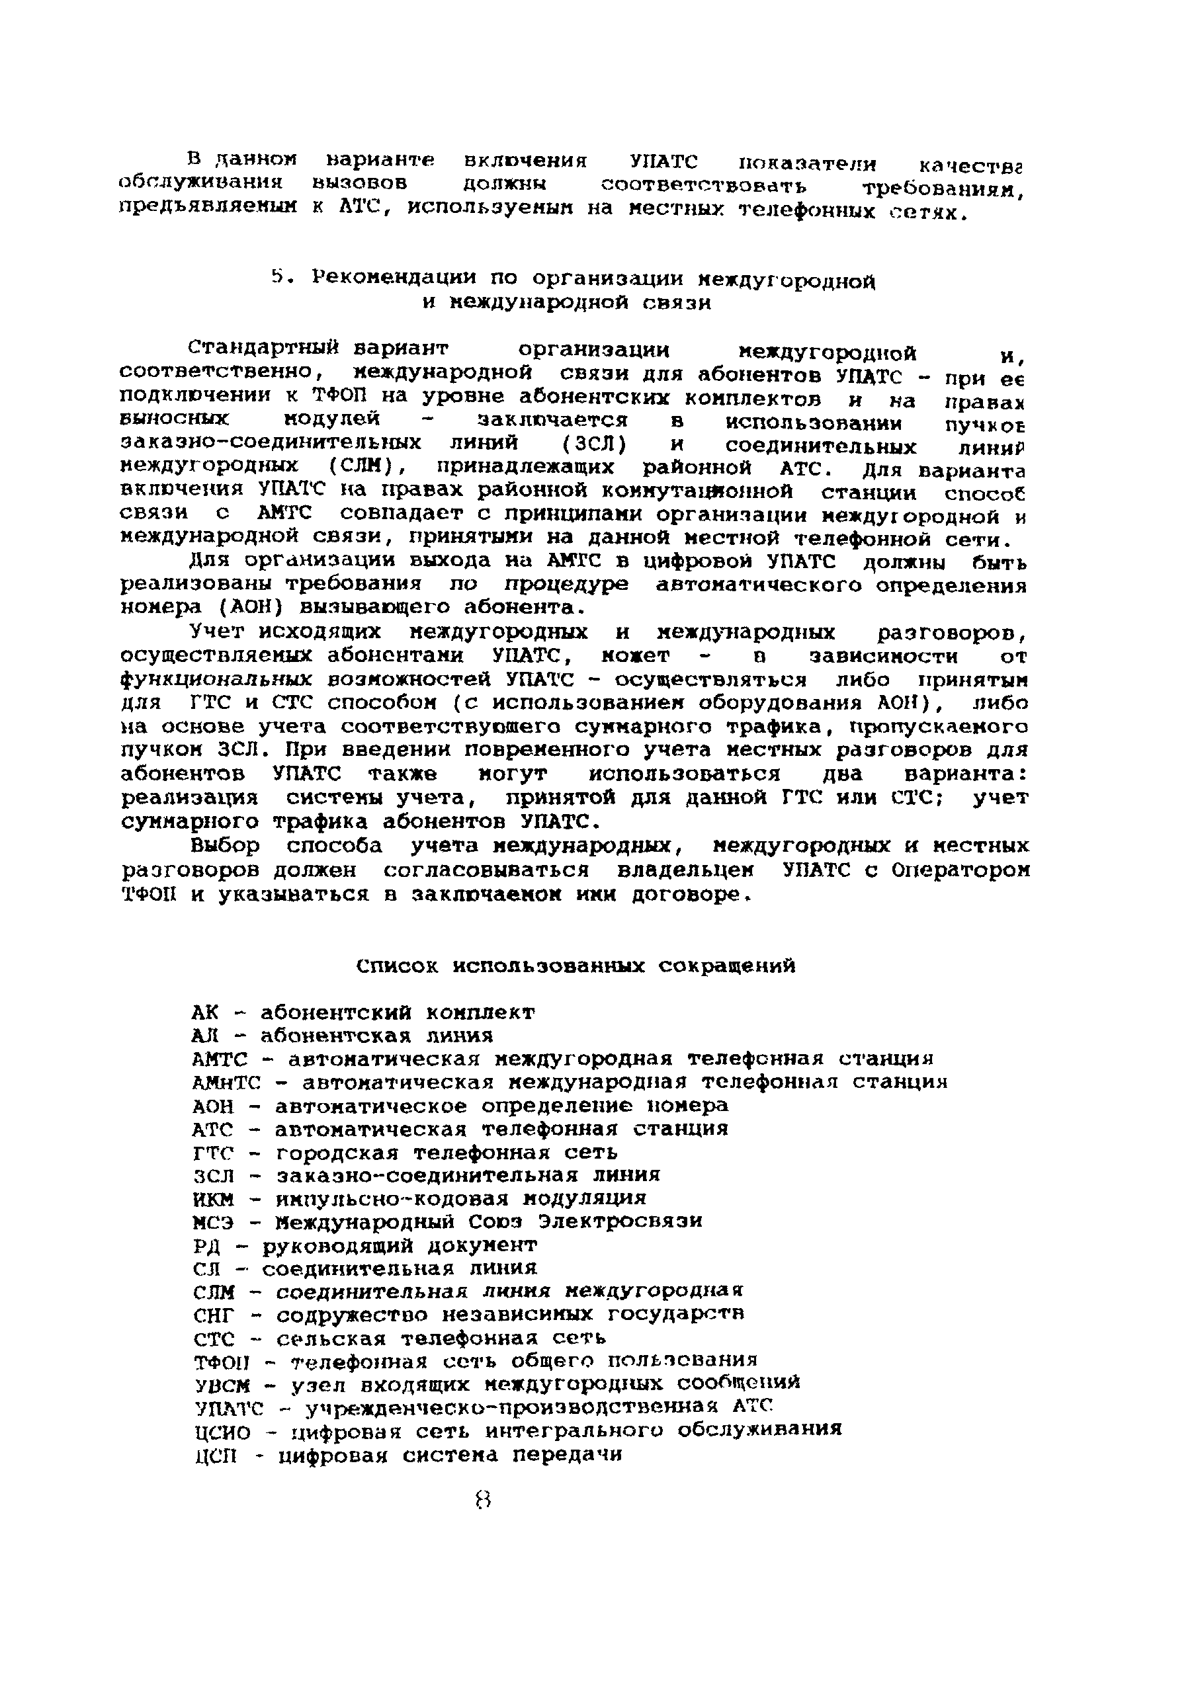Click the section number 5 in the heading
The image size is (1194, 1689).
(x=277, y=277)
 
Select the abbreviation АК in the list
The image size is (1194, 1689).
(x=205, y=1012)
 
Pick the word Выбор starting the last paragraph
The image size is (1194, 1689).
(x=224, y=846)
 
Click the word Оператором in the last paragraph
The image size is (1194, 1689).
(x=959, y=870)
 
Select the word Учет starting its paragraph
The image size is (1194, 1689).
(x=217, y=631)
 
